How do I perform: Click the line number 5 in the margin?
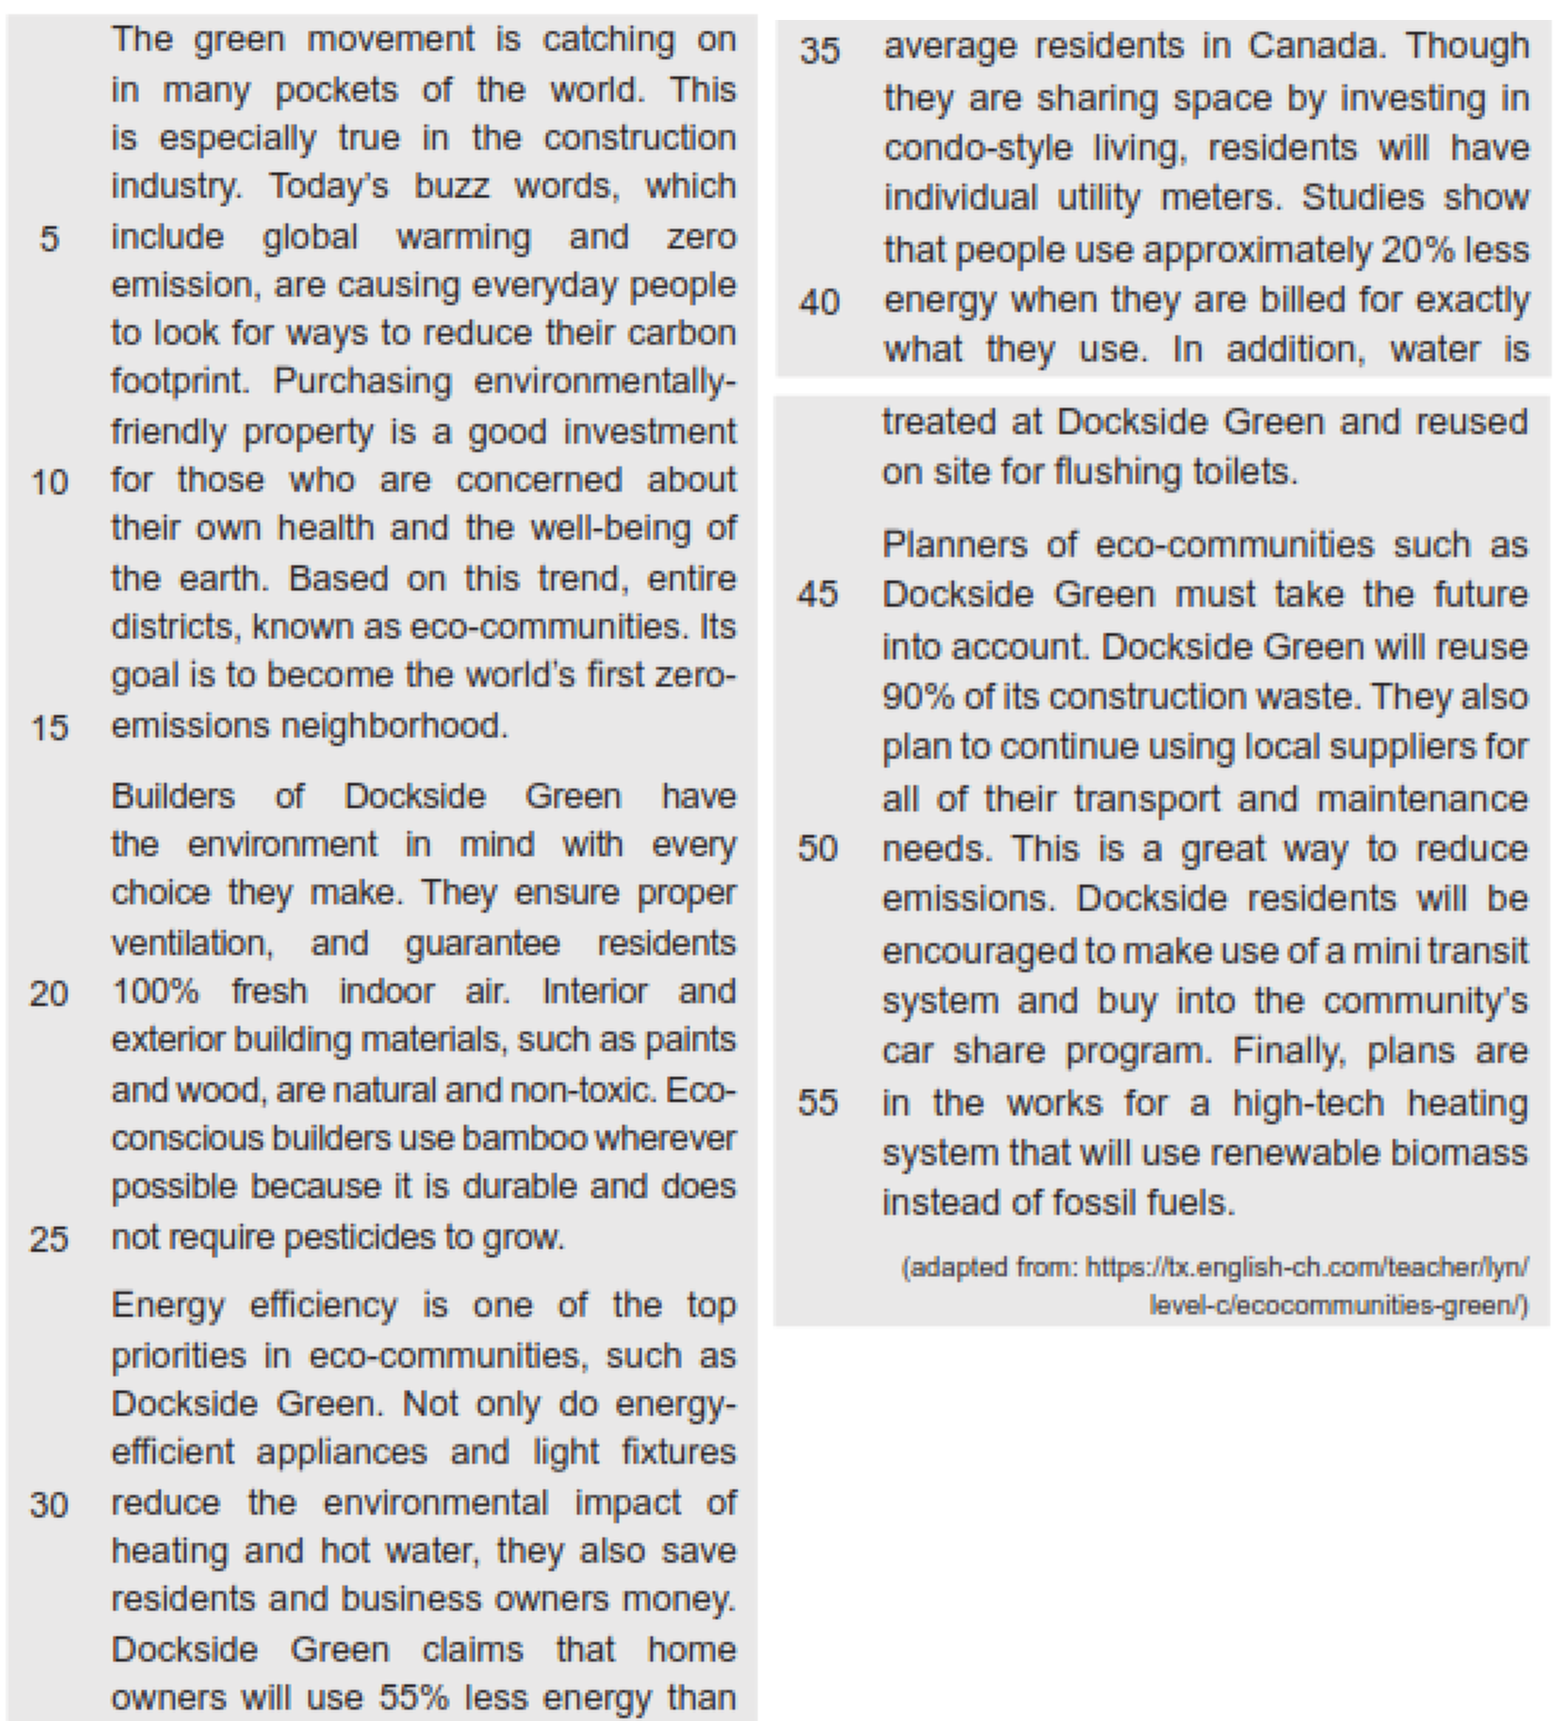point(49,238)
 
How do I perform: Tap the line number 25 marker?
point(48,1237)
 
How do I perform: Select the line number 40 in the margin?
point(820,302)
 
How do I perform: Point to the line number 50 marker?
point(818,849)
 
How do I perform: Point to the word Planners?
point(955,544)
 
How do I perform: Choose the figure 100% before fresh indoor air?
point(156,992)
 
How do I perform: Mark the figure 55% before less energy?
point(413,1697)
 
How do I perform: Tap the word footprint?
point(179,382)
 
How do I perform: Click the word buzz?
point(452,186)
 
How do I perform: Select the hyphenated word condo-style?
point(977,148)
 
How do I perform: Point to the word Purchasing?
point(362,382)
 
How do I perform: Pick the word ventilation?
point(192,944)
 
